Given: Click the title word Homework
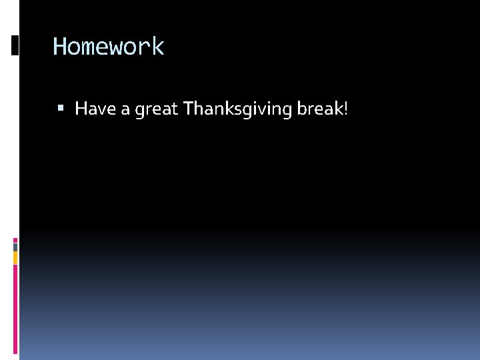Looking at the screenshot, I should click(x=108, y=47).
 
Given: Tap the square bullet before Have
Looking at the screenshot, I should click(x=61, y=107).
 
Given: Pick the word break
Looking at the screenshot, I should click(x=319, y=108).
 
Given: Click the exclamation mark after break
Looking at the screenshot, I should click(x=345, y=108).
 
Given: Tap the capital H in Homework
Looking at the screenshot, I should click(x=59, y=47).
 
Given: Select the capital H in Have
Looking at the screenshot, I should click(x=81, y=108).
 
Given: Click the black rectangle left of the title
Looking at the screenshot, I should click(x=15, y=45).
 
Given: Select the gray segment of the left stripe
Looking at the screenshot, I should click(x=15, y=247).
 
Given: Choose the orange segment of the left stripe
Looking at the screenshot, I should click(x=15, y=257).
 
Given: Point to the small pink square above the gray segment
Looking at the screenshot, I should click(x=15, y=239).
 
